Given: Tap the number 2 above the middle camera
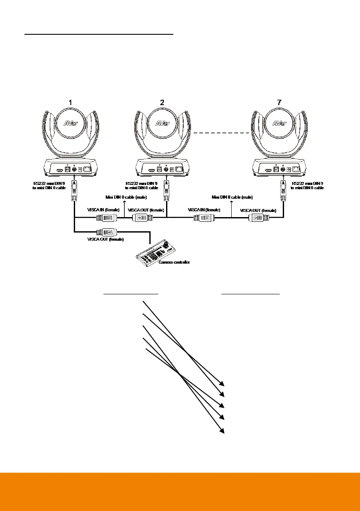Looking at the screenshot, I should click(162, 102).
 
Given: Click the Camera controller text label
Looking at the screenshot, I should click(174, 261).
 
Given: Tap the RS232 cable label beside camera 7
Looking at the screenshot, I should click(307, 186).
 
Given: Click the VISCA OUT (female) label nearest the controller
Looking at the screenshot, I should click(106, 239).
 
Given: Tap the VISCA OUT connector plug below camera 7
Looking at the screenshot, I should click(259, 218).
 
